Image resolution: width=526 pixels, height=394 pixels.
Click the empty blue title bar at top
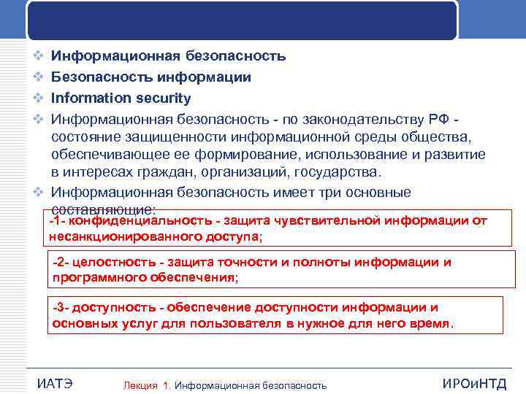242,19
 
